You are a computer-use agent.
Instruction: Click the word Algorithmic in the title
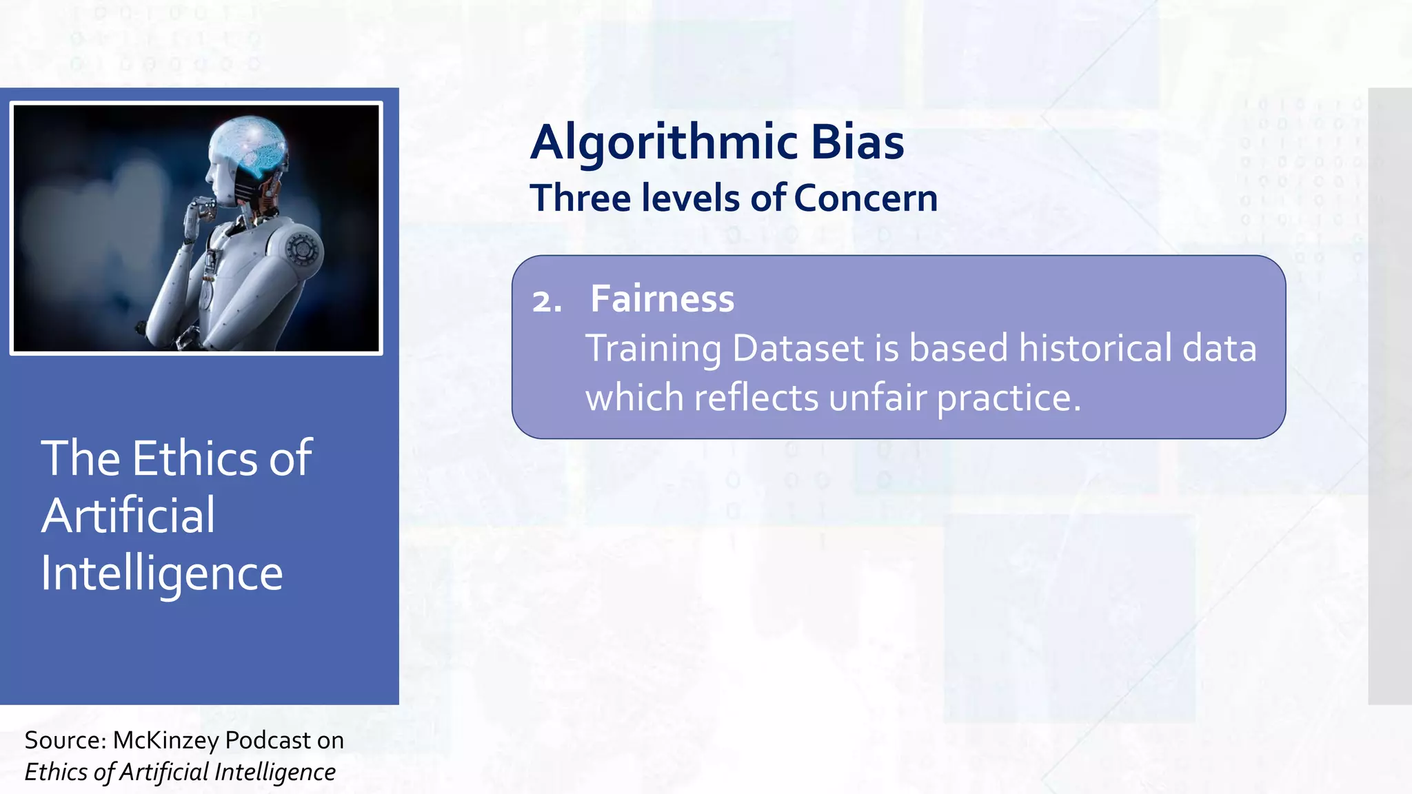[x=665, y=143]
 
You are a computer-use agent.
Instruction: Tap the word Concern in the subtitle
[x=865, y=198]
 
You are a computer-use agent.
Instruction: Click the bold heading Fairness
[x=662, y=299]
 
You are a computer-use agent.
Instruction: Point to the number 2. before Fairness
[x=547, y=302]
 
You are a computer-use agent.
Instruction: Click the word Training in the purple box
[x=653, y=349]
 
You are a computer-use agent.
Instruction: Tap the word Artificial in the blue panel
[x=128, y=516]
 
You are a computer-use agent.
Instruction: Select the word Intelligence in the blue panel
[x=161, y=573]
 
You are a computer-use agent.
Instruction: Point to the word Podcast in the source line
[x=268, y=740]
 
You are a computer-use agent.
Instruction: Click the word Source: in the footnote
[x=65, y=740]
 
